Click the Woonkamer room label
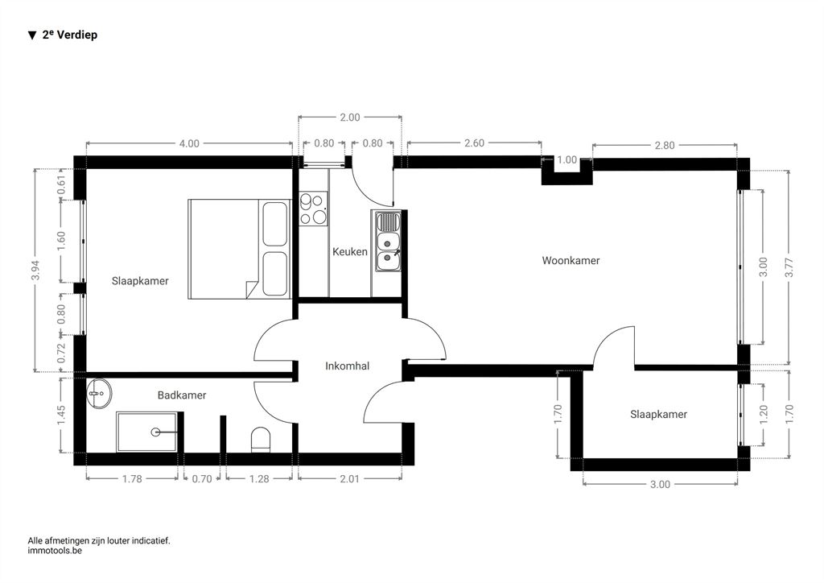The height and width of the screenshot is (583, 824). click(571, 260)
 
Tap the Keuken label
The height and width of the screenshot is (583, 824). click(349, 252)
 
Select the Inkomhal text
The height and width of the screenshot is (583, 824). click(347, 366)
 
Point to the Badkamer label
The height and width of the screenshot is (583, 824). click(182, 395)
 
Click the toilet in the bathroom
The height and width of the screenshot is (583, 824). click(261, 440)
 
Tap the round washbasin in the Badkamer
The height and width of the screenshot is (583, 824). click(99, 393)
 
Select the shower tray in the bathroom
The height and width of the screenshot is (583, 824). click(147, 432)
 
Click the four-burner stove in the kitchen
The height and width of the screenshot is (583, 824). click(313, 209)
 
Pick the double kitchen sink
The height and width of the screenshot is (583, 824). click(387, 241)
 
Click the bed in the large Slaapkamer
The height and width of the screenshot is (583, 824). click(239, 249)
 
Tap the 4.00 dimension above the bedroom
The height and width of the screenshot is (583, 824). click(189, 143)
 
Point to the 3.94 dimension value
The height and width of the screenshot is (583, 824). click(35, 271)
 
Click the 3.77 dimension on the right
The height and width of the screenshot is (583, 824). click(789, 267)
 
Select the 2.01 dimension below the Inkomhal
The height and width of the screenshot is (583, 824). click(349, 479)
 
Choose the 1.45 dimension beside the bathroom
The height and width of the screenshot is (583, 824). click(61, 416)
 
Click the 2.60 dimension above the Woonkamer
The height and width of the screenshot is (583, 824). click(474, 143)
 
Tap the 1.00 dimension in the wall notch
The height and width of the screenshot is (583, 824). click(566, 159)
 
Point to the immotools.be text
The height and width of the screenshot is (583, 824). click(55, 551)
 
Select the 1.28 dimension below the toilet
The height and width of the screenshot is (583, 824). click(259, 479)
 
